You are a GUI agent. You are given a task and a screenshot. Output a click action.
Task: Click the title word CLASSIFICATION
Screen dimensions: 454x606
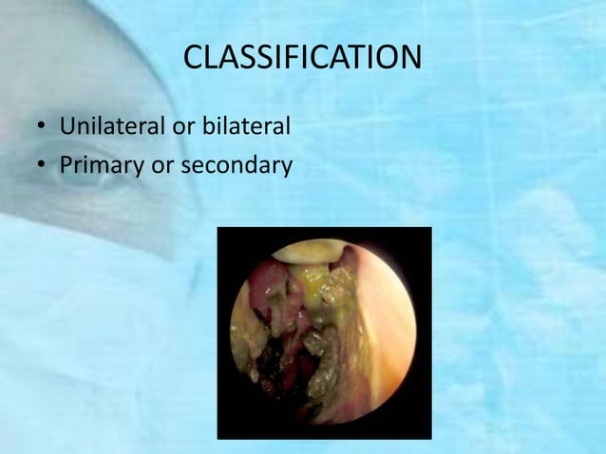(302, 59)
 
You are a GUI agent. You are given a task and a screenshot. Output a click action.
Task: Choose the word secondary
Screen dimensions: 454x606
(236, 166)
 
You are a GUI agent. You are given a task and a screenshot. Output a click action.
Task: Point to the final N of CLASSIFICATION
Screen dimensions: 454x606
(409, 59)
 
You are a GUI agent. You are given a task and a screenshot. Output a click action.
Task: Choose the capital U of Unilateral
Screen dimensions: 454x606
(67, 126)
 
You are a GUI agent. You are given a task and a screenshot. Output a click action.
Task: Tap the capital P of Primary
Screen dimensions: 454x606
(66, 166)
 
